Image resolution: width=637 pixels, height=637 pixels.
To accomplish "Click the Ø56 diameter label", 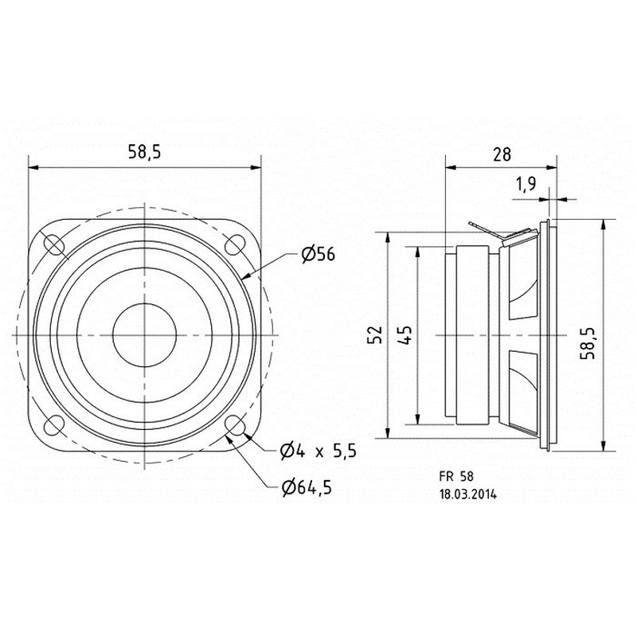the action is [318, 254].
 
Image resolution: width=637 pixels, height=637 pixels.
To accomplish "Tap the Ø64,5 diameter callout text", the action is [307, 487].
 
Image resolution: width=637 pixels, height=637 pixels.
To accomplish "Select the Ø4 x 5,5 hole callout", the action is [318, 451].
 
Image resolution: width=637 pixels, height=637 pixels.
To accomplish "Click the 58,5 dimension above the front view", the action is [145, 151].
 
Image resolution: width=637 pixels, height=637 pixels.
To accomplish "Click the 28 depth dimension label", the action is [502, 154].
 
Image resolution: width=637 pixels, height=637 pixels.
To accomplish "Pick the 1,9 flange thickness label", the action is [526, 184].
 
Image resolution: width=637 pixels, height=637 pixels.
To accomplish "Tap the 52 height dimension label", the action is [374, 334].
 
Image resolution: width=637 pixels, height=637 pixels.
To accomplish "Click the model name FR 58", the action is [456, 475].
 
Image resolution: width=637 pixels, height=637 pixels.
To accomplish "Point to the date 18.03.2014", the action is [467, 494].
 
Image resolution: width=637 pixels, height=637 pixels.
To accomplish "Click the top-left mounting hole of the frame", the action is [53, 245].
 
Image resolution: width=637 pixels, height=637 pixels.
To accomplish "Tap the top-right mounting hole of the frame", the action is [235, 245].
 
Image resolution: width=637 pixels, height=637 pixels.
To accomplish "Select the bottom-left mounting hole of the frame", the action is [53, 425].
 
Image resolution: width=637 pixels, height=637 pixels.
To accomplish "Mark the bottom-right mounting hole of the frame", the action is [235, 425].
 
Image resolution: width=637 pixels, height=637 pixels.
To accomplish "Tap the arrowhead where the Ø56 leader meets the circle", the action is [246, 276].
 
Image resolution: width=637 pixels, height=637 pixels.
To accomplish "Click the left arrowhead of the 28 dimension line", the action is [450, 167].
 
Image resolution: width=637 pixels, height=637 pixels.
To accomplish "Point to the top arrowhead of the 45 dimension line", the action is [417, 252].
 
